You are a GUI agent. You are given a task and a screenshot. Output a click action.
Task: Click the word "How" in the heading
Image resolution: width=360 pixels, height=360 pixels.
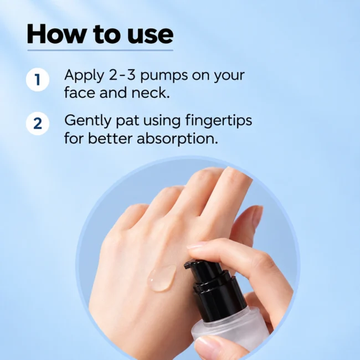point(55,34)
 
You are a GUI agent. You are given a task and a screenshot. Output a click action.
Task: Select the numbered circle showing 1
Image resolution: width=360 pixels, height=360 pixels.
point(38,80)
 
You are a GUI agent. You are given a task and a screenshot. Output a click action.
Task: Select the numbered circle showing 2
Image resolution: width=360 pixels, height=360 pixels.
point(38,124)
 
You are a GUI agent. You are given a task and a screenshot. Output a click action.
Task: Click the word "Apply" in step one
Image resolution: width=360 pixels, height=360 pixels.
point(84,75)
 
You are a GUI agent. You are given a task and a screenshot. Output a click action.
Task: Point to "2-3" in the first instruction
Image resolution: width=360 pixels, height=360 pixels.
point(122,75)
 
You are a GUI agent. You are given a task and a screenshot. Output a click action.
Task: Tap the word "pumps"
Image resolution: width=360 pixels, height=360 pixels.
point(164,76)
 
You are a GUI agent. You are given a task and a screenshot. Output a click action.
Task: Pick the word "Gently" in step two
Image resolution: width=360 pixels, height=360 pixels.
point(88,121)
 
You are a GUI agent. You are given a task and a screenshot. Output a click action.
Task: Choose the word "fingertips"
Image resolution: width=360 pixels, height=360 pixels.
point(219,121)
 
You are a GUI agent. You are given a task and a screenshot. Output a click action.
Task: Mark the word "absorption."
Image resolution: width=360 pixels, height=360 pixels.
point(177,139)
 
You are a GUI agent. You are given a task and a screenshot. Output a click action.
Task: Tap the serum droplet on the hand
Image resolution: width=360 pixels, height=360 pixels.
point(162,277)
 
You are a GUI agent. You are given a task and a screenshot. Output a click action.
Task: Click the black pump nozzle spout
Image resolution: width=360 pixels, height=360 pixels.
point(191,265)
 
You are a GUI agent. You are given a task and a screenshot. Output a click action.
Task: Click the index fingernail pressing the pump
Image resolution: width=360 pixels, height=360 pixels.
point(194,246)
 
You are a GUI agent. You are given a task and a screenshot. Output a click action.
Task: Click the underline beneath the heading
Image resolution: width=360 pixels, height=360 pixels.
point(100,50)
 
